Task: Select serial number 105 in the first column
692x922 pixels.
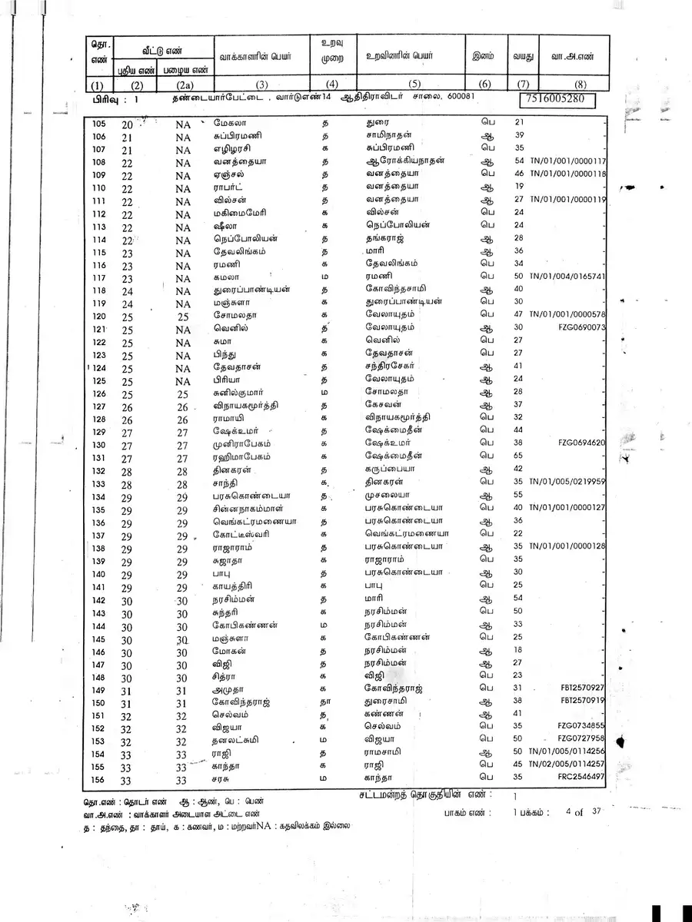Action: (98, 124)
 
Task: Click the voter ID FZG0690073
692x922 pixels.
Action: (582, 327)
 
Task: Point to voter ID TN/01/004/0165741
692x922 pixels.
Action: (568, 276)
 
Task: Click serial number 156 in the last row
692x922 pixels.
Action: (98, 780)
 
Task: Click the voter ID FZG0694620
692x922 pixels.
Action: (582, 443)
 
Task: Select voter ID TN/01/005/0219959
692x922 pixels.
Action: (568, 482)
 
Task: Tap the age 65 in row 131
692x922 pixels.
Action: (517, 456)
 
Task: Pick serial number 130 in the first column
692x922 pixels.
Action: (98, 446)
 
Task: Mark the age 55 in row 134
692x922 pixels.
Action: (517, 495)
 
